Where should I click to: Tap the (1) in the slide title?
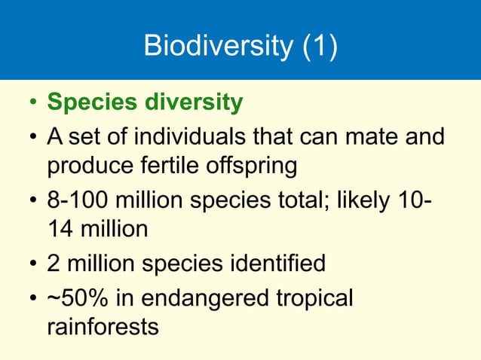point(320,47)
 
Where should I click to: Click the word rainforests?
point(103,327)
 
